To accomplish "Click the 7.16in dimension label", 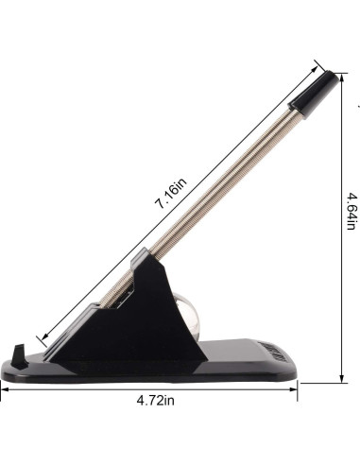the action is pos(170,193).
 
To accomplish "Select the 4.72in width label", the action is pos(155,401).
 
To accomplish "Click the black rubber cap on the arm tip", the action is pos(314,95).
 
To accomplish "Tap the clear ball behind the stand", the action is pos(188,316).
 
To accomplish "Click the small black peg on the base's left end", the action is pos(20,356).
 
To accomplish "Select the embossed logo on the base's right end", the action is pos(275,352).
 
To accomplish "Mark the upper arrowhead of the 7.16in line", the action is pos(314,70).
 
